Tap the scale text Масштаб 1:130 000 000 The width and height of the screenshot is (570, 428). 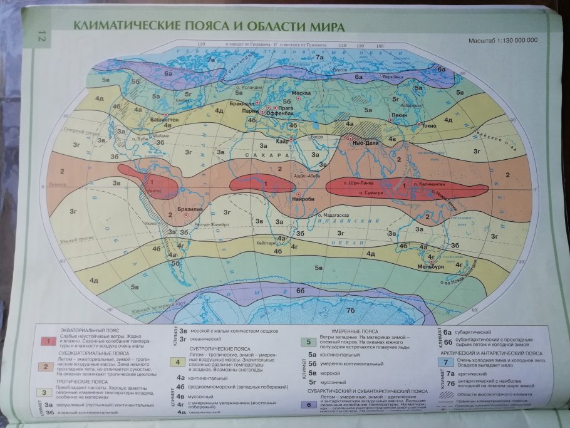502,41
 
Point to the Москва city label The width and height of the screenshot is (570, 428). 303,93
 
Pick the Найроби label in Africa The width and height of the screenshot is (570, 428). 305,199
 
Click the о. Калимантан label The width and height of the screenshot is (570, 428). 429,184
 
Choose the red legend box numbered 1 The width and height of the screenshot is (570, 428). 46,341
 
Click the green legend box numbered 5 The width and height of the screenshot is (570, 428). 308,342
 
